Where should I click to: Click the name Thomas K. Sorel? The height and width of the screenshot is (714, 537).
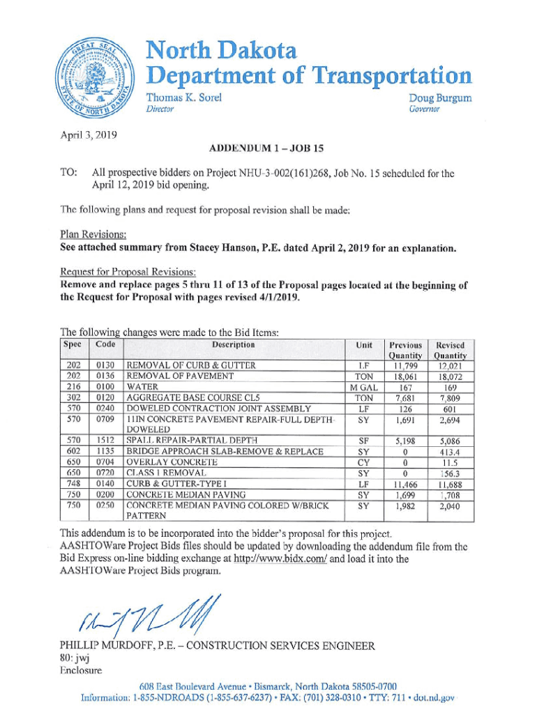[x=183, y=98]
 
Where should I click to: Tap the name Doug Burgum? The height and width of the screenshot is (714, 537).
[x=440, y=98]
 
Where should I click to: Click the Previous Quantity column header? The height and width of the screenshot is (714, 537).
[x=405, y=350]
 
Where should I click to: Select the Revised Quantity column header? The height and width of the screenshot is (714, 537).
[x=450, y=350]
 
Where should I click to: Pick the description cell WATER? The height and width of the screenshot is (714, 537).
[x=142, y=386]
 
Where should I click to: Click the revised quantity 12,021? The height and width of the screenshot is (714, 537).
[x=450, y=365]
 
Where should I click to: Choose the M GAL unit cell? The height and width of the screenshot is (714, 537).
[x=363, y=386]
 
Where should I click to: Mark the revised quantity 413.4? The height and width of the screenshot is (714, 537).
[x=450, y=451]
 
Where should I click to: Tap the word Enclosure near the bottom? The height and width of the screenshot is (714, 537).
[x=82, y=670]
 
